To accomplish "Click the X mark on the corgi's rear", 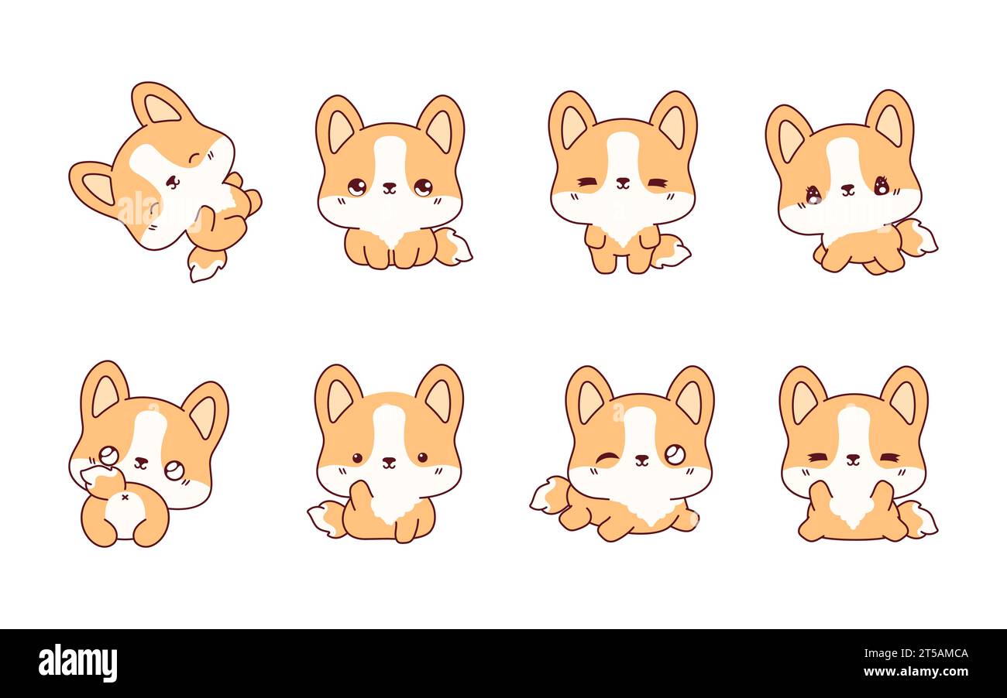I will pyautogui.click(x=125, y=498).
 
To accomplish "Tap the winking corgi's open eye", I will pyautogui.click(x=675, y=455).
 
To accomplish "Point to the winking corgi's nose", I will pyautogui.click(x=641, y=459).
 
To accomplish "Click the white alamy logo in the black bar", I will pyautogui.click(x=77, y=663).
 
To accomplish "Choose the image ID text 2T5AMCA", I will pyautogui.click(x=929, y=653).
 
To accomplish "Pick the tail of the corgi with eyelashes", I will pyautogui.click(x=920, y=238).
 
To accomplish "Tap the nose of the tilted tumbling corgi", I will pyautogui.click(x=171, y=181).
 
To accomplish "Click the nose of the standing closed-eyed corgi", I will pyautogui.click(x=622, y=182).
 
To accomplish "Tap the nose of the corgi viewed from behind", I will pyautogui.click(x=140, y=462).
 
